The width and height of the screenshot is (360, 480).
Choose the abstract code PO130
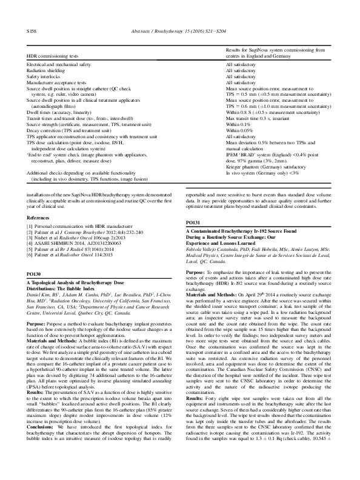pyautogui.click(x=34, y=258)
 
